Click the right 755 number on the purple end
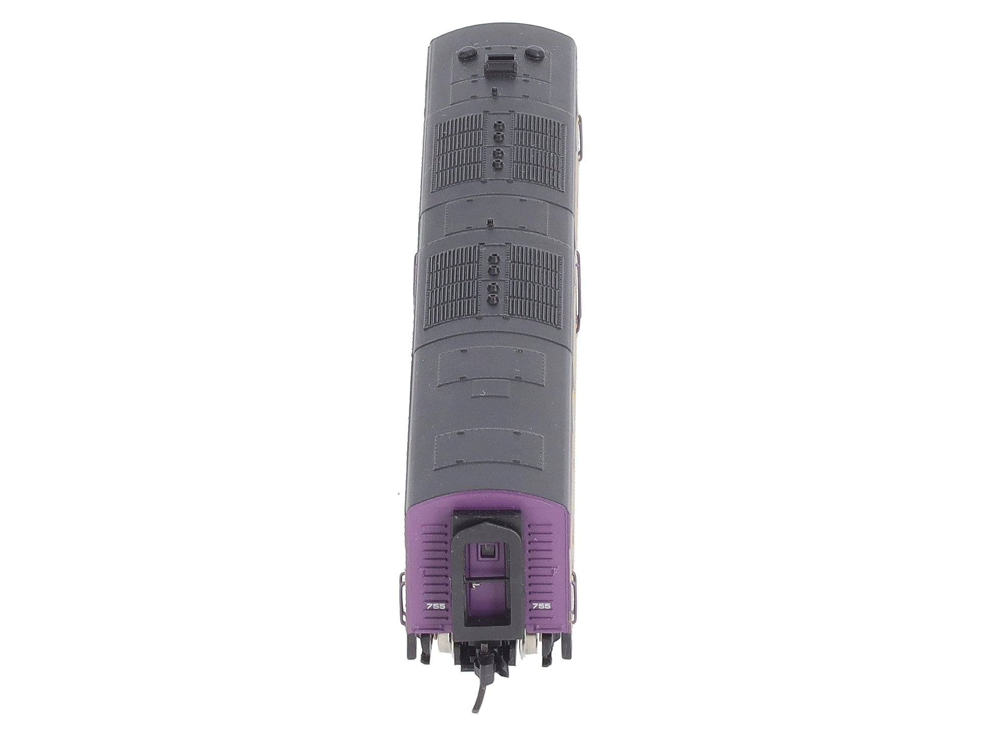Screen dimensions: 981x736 [542, 606]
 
